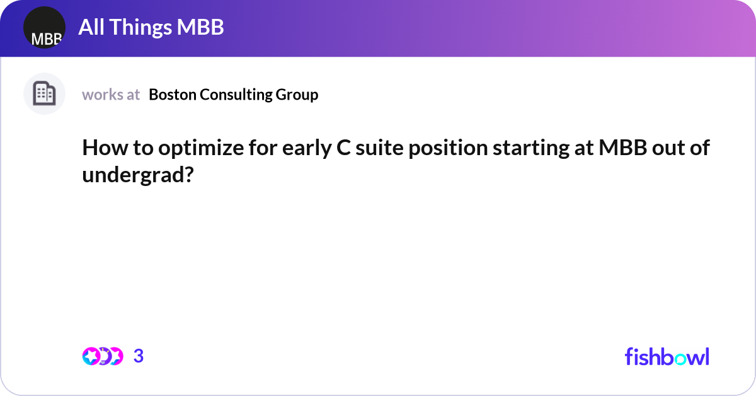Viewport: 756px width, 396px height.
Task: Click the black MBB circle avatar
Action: click(x=44, y=28)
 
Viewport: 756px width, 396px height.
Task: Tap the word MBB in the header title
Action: click(x=200, y=27)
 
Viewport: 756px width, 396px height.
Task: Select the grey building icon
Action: click(x=44, y=94)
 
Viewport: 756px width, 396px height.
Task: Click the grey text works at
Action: click(x=111, y=95)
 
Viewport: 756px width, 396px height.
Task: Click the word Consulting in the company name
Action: click(x=236, y=95)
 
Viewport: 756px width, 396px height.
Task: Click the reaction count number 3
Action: click(x=139, y=356)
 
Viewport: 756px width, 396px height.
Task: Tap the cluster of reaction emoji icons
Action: click(x=102, y=356)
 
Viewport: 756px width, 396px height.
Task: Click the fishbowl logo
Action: click(x=667, y=356)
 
